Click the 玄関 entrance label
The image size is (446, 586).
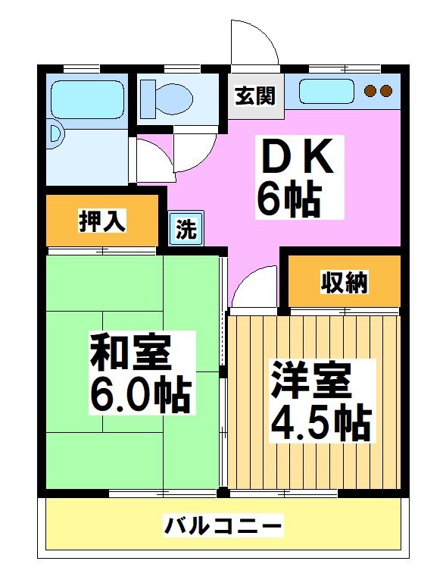click(x=255, y=97)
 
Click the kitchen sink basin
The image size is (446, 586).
click(x=326, y=91)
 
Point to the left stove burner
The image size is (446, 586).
click(x=371, y=91)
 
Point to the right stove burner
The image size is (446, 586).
click(x=386, y=91)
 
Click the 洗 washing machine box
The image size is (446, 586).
click(x=186, y=228)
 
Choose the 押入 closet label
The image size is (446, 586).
click(x=102, y=221)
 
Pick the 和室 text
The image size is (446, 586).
click(x=130, y=349)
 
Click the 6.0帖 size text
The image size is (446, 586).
click(x=140, y=393)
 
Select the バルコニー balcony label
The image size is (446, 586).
click(x=223, y=525)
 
